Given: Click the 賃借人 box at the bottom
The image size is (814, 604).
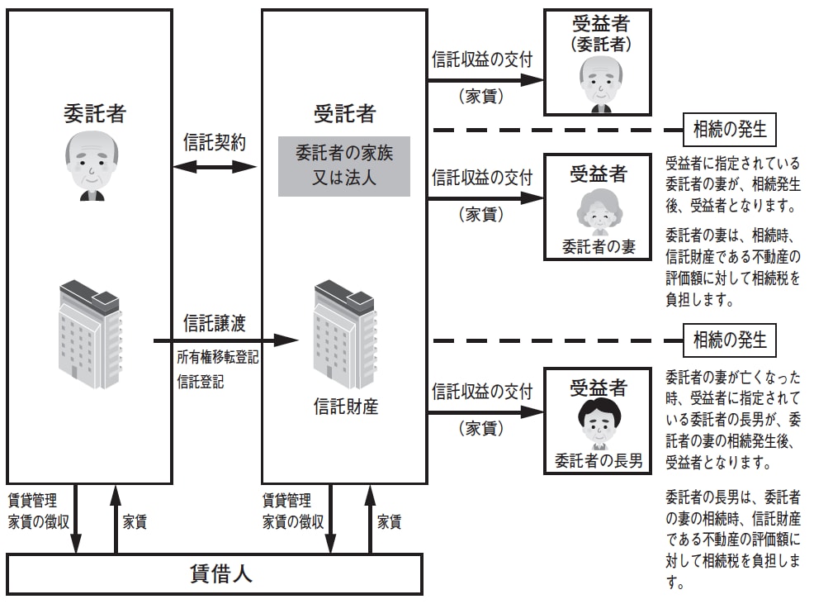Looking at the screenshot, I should (x=215, y=574).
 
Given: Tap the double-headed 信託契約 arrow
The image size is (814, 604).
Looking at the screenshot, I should (x=215, y=167).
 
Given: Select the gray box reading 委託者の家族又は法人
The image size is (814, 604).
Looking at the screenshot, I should (x=343, y=165).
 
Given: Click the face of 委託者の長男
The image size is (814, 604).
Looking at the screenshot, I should (x=598, y=422).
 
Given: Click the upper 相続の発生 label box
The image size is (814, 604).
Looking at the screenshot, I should (x=730, y=130).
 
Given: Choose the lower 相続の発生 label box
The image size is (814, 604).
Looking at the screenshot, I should (x=730, y=340).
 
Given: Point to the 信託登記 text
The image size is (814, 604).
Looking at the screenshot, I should (x=199, y=383).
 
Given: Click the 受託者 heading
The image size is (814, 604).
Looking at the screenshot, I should (x=344, y=113).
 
